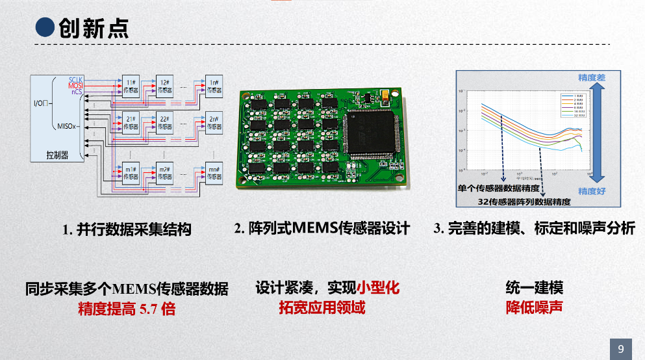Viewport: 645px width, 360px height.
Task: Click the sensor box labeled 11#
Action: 131,86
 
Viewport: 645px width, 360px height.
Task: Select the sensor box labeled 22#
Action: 164,122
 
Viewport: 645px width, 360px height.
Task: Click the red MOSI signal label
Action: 76,86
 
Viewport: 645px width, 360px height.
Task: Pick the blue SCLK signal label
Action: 76,79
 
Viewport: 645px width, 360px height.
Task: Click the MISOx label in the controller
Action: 68,126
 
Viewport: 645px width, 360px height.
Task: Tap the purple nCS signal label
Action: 77,92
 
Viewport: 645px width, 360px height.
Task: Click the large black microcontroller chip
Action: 372,134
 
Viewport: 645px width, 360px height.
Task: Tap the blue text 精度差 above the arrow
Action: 592,78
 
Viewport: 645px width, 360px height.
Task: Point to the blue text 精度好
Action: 592,191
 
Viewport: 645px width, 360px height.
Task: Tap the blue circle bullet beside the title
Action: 44,28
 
